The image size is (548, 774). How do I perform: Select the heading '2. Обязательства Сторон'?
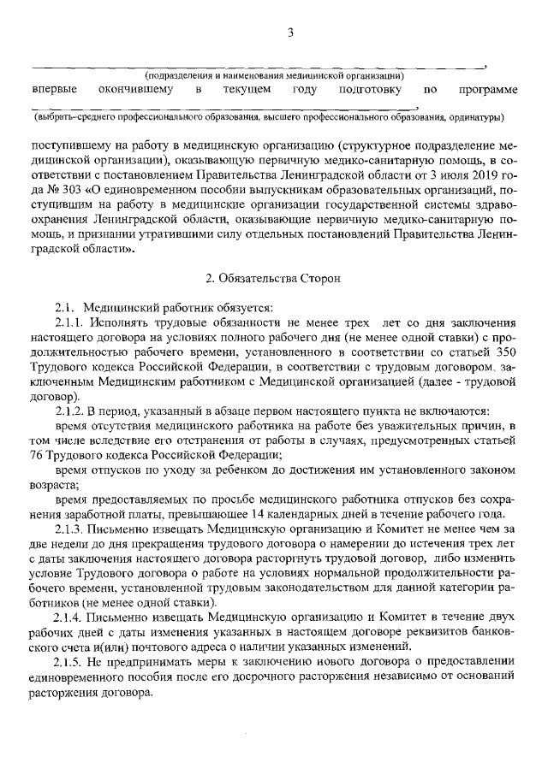(x=274, y=278)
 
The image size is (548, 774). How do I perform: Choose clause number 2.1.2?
(x=71, y=410)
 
